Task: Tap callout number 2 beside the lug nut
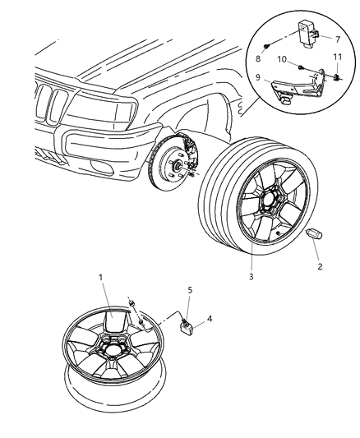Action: (321, 267)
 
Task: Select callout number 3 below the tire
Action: (252, 276)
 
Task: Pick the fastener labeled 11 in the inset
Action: (336, 78)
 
